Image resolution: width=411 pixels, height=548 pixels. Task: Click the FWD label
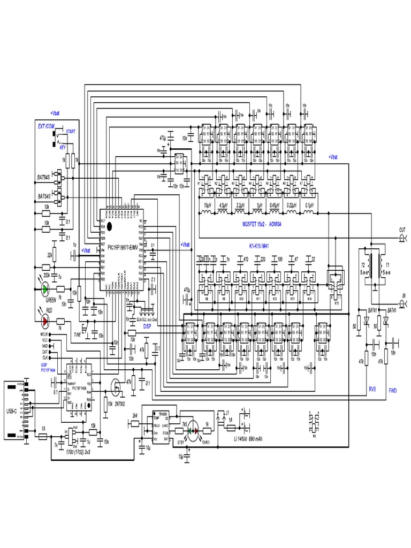click(x=393, y=390)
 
